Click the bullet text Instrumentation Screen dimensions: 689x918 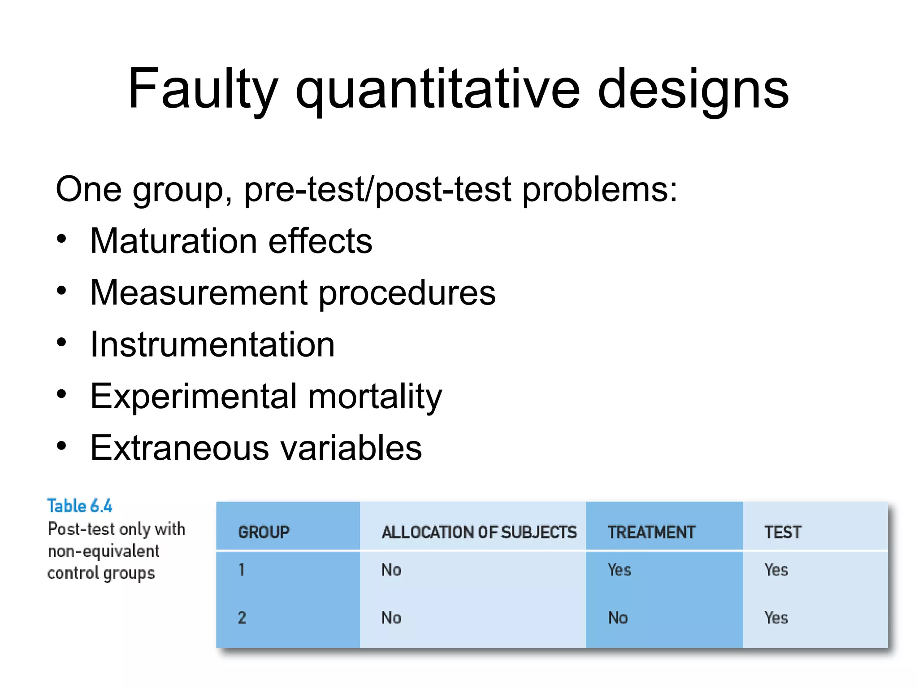(x=212, y=344)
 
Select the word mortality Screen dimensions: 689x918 (x=375, y=397)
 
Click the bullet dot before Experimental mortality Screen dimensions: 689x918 (x=61, y=394)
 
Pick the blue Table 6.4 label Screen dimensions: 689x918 (x=80, y=506)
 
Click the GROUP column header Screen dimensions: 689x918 (x=264, y=532)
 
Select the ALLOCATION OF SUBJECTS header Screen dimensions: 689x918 (x=479, y=532)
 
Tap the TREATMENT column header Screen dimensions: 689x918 (x=651, y=532)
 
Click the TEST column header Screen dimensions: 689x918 (x=783, y=532)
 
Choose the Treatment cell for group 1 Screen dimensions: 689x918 (x=619, y=570)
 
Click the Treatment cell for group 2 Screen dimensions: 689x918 (x=618, y=618)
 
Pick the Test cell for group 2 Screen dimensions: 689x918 (x=776, y=618)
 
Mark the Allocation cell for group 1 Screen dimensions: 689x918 (x=391, y=570)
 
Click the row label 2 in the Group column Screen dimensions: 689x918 (x=242, y=618)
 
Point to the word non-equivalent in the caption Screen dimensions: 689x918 (x=104, y=551)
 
